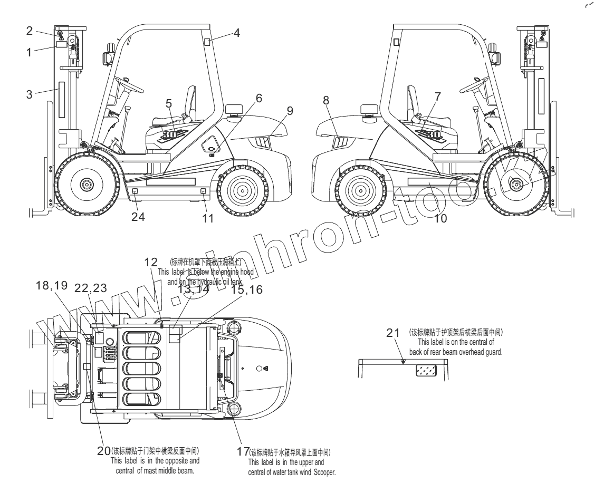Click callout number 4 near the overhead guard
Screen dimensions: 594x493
237,33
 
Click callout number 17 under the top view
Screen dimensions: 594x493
243,452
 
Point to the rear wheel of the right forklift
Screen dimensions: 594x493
360,189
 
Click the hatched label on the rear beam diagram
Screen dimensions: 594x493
426,371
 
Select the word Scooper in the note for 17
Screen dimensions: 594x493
321,472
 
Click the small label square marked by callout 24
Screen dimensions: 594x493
135,191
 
